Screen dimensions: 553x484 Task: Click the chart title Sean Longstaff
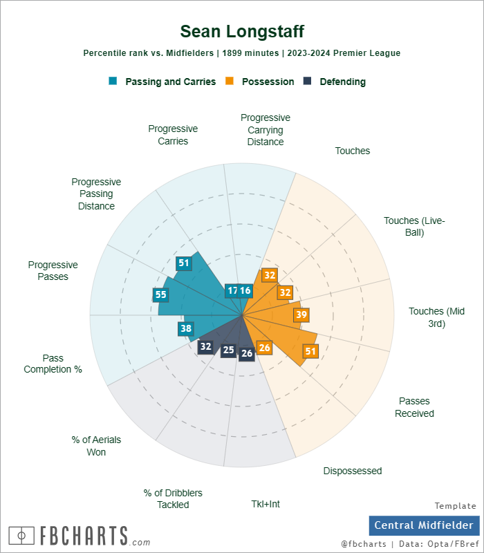point(242,31)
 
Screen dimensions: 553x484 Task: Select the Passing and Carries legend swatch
point(113,81)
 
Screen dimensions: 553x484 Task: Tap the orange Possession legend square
point(230,81)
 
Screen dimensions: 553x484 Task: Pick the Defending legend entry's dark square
point(308,81)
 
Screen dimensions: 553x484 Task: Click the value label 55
point(160,294)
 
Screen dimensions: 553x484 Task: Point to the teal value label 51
point(183,263)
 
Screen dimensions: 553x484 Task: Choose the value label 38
point(185,329)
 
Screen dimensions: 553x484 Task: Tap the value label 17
point(233,291)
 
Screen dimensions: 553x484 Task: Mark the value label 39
point(301,315)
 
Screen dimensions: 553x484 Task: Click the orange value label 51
point(310,351)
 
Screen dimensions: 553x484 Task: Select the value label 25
point(228,350)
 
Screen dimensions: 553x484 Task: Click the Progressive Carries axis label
point(173,135)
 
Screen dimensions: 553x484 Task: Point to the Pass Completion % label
point(53,364)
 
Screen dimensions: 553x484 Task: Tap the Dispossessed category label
point(352,471)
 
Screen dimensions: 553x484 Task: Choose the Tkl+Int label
point(266,504)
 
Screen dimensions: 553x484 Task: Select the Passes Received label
point(414,407)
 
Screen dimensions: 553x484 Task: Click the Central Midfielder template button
point(424,525)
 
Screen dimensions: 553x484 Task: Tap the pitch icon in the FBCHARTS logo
point(21,535)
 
